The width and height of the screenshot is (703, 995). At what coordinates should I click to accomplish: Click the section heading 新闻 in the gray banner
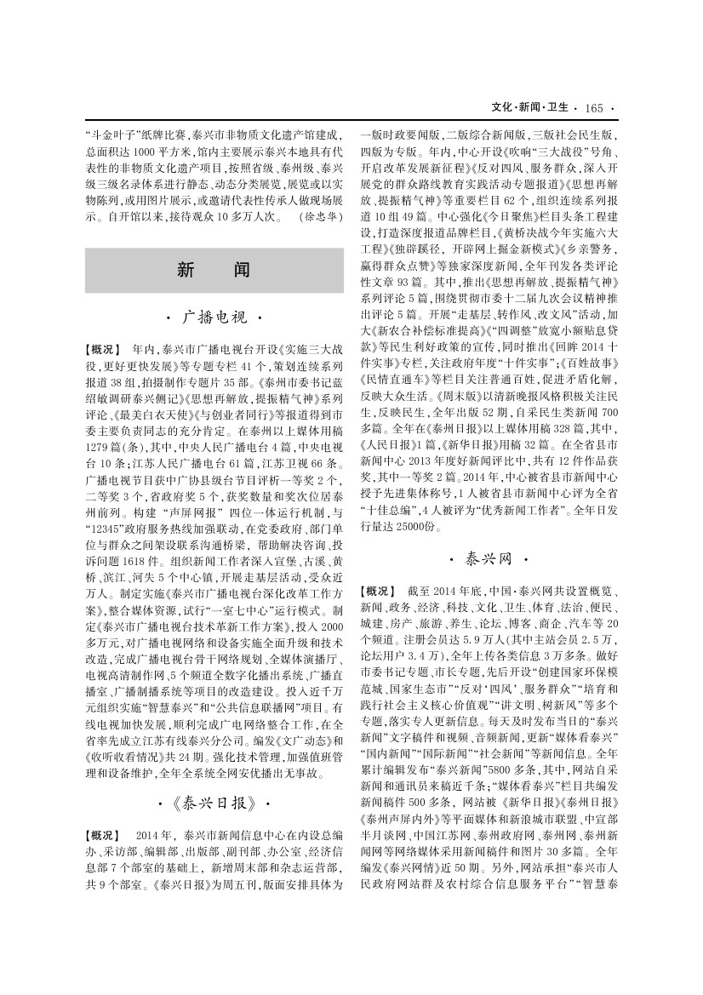pos(214,269)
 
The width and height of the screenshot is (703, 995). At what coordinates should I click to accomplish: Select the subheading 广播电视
pos(214,317)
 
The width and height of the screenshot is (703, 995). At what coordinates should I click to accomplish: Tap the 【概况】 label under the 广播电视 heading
pos(106,350)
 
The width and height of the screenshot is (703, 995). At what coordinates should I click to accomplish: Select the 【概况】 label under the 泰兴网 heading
pos(379,591)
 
